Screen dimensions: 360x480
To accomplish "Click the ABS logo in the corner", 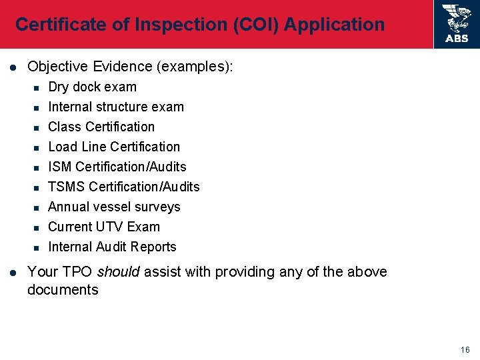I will pos(457,24).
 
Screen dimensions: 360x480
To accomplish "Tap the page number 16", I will pos(465,350).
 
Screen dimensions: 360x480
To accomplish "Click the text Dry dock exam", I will pos(92,87).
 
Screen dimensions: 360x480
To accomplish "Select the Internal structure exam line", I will pos(116,107).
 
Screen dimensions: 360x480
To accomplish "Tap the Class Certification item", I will pos(101,127).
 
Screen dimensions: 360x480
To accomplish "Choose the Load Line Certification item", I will pos(114,147).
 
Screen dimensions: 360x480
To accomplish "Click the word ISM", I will pos(61,167).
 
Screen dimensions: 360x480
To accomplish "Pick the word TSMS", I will pos(66,187).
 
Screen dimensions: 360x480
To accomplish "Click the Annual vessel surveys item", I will pos(114,207).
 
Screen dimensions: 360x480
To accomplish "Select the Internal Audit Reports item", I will pos(112,247).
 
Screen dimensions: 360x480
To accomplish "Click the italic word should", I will pos(119,272).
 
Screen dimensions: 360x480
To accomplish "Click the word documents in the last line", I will pos(63,289).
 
